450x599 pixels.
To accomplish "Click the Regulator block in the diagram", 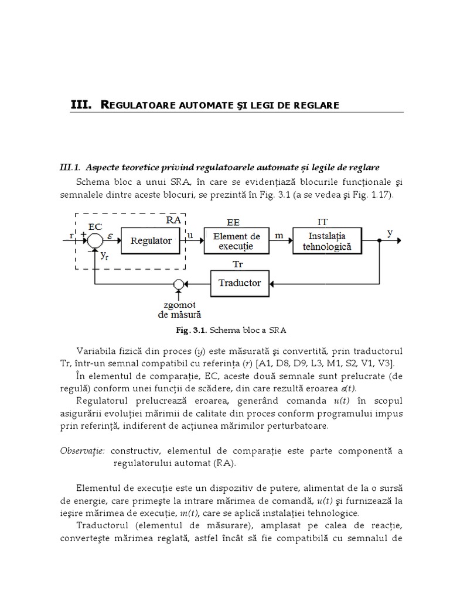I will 151,240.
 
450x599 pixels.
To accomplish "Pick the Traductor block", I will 239,283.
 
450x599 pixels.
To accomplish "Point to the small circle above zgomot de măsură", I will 179,284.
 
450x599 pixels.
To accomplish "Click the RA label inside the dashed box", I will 174,220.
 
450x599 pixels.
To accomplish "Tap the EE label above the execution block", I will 233,222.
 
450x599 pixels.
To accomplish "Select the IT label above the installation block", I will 322,222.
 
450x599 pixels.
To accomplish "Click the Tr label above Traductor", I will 238,264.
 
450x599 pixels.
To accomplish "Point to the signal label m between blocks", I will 279,235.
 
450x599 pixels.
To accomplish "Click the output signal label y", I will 390,233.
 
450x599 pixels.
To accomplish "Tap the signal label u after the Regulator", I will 191,235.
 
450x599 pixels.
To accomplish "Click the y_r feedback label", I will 105,255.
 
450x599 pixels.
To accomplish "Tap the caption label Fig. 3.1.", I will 192,330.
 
